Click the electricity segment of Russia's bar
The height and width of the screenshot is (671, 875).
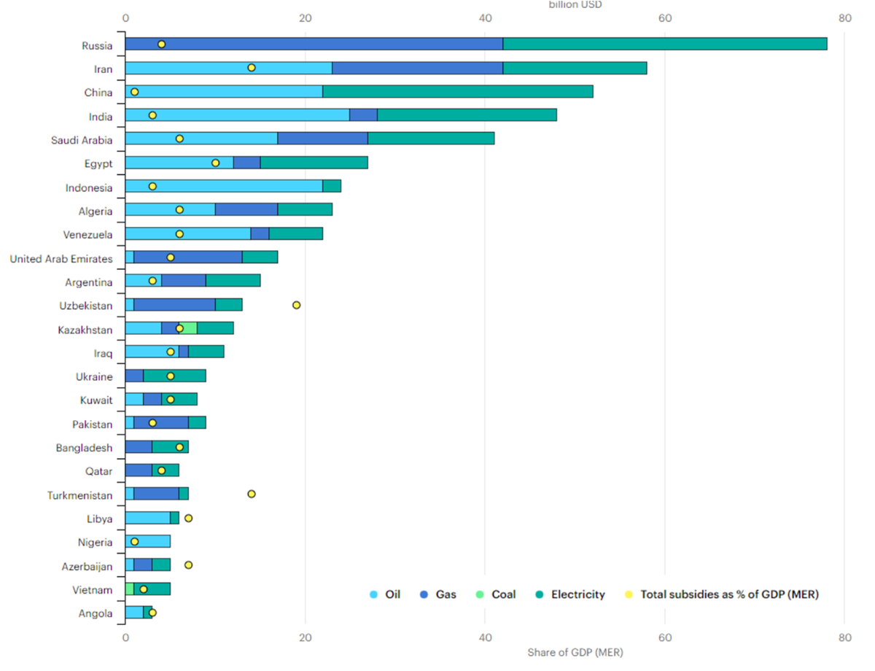665,44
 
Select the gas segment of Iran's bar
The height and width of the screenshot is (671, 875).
417,68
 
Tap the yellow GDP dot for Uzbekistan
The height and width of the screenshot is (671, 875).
296,305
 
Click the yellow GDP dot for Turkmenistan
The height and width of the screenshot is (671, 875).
252,494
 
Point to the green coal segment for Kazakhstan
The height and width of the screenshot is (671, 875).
189,328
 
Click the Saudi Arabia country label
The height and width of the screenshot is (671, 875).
82,140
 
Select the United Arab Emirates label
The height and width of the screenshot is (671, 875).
61,259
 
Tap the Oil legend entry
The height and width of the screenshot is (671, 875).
386,594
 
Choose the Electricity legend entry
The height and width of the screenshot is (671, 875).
570,594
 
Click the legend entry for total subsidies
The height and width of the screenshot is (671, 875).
722,594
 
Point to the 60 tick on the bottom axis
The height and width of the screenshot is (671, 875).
664,637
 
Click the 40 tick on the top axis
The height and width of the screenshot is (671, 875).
485,18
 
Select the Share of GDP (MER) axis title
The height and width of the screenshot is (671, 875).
575,653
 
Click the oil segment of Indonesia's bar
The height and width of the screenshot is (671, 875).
224,186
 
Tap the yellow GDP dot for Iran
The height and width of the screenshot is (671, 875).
252,68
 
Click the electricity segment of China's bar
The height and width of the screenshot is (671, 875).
457,91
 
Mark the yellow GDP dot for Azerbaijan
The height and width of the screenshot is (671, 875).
188,565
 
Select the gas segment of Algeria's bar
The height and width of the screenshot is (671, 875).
246,210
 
